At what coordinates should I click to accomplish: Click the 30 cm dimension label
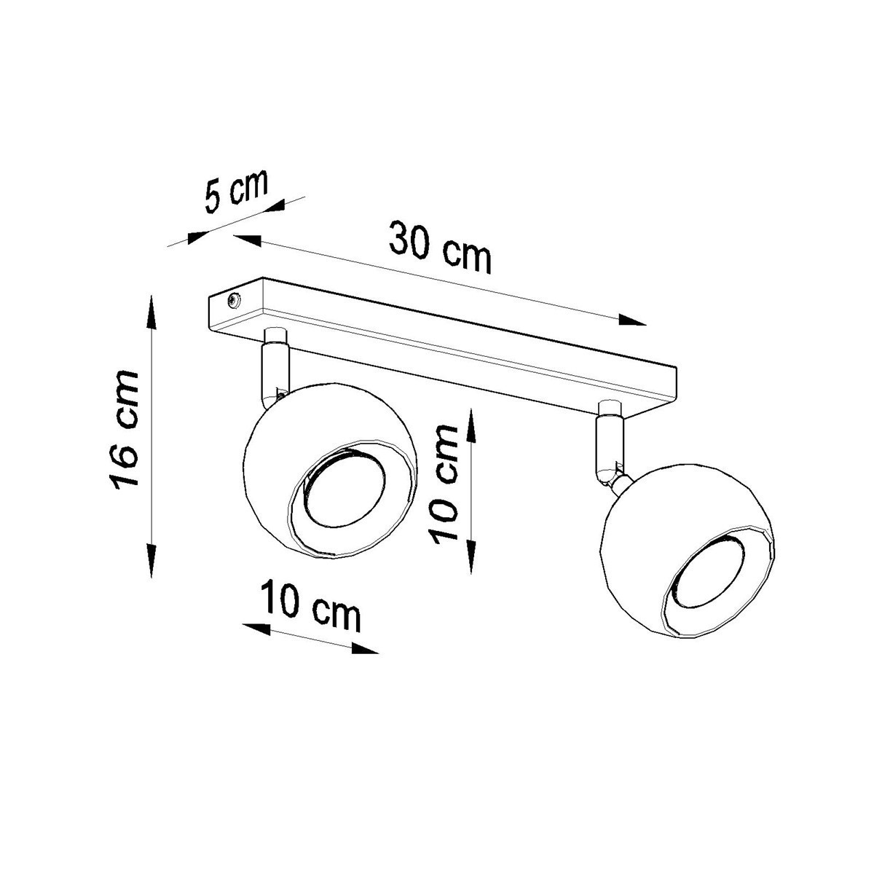441,247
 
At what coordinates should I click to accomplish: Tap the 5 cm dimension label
235,192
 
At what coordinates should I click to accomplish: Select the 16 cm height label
122,430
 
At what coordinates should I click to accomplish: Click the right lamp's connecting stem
607,448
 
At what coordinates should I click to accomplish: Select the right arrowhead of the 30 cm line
632,320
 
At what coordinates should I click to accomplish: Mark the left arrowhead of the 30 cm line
248,239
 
